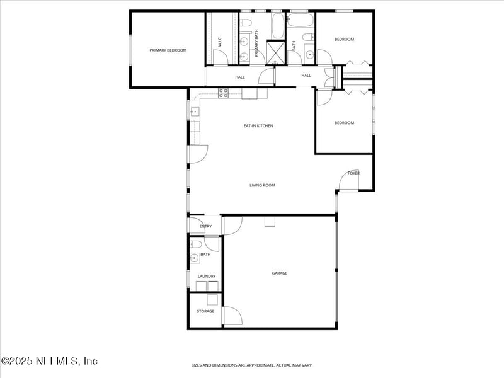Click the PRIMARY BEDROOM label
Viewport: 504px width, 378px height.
[x=168, y=50]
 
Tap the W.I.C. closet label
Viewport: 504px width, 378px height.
[x=220, y=43]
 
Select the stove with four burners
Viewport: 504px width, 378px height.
[x=223, y=93]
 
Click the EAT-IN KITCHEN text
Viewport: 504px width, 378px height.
[x=258, y=126]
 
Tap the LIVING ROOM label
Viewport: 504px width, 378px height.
[x=262, y=185]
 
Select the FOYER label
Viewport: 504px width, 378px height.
[x=353, y=173]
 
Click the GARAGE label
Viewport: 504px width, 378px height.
[x=280, y=273]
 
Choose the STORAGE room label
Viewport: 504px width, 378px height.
[x=205, y=311]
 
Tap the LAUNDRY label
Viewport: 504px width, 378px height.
[x=207, y=276]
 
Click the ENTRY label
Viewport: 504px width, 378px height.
[x=205, y=226]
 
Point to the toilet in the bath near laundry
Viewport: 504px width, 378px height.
[x=196, y=244]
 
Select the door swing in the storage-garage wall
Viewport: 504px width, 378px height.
[x=232, y=316]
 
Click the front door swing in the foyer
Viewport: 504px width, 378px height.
[x=348, y=181]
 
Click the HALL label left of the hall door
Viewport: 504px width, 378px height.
[x=240, y=77]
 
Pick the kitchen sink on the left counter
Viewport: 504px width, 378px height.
[x=195, y=112]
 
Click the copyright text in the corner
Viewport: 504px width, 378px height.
[x=49, y=361]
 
